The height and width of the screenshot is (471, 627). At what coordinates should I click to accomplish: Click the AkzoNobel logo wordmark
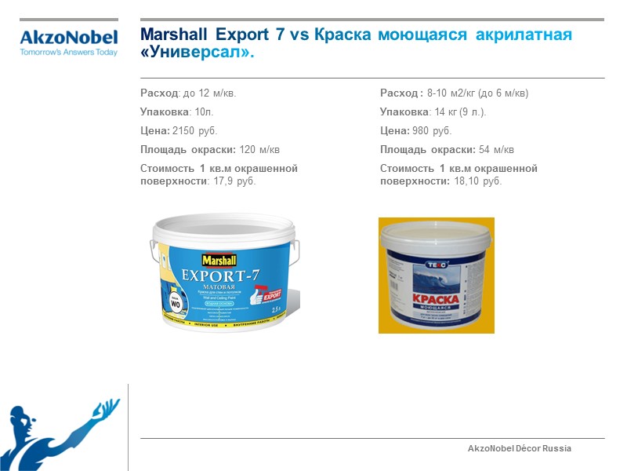coord(68,37)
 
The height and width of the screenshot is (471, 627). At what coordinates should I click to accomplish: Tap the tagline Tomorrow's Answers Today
coord(68,52)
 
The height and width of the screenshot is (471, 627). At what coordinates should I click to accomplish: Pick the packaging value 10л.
coord(203,111)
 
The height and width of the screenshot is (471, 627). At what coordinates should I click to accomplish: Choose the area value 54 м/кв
coord(496,149)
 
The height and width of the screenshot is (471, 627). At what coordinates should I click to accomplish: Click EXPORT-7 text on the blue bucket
coord(222,276)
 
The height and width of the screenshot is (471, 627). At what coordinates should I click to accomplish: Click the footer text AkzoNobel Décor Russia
coord(520,448)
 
